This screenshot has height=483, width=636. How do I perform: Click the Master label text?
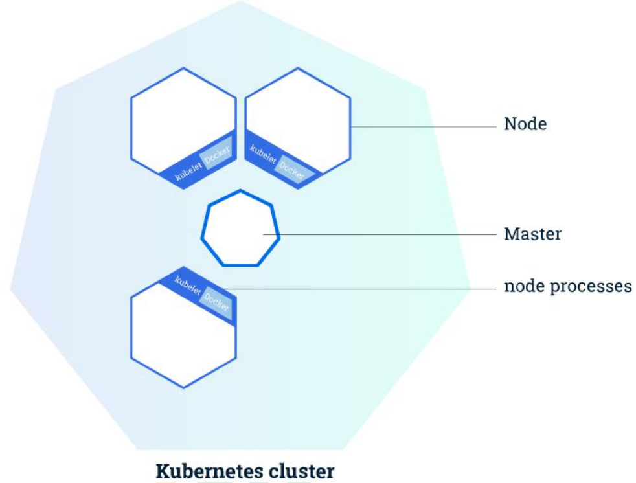click(x=532, y=234)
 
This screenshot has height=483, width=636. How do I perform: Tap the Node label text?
click(x=525, y=124)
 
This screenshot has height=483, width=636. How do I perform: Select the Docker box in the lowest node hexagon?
click(x=216, y=302)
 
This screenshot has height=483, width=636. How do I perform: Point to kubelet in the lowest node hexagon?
click(x=188, y=286)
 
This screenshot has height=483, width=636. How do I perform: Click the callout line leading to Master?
click(x=389, y=234)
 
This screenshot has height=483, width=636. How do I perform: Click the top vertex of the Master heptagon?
click(x=240, y=190)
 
